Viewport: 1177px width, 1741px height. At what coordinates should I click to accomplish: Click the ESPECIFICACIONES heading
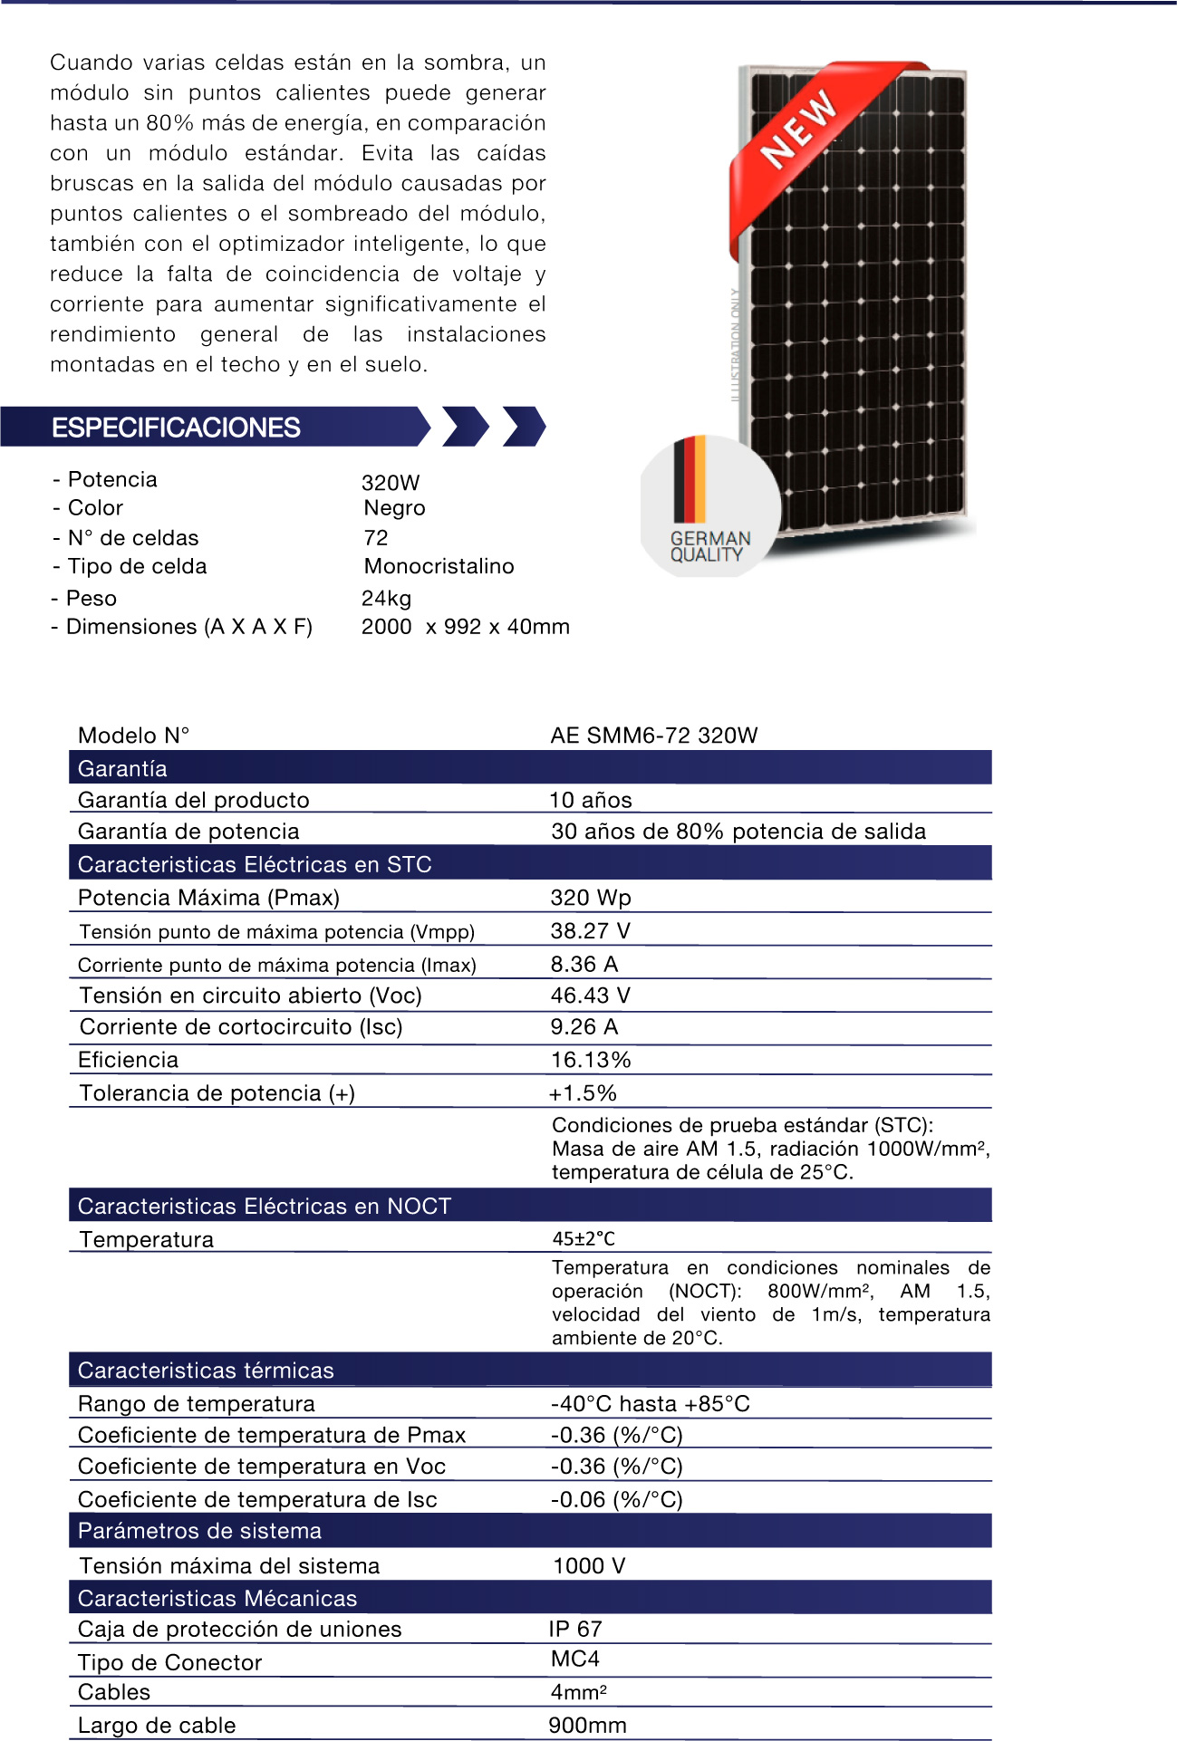176,428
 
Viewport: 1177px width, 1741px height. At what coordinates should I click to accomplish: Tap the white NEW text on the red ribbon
798,130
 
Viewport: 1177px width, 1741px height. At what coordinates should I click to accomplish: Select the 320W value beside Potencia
391,482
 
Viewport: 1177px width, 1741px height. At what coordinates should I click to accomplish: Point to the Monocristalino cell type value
439,566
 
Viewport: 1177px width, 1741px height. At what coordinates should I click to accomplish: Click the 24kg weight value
386,598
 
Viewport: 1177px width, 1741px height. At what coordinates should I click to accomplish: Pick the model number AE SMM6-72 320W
653,735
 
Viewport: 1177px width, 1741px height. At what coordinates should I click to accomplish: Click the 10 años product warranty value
591,800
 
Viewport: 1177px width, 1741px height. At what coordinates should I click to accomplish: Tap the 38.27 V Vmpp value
590,930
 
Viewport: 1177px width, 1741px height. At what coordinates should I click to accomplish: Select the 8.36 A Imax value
584,964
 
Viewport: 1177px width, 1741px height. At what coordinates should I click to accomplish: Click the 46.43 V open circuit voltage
590,996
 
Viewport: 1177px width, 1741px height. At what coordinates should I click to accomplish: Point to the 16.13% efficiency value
591,1060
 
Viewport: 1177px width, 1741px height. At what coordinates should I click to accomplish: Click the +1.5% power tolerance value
583,1093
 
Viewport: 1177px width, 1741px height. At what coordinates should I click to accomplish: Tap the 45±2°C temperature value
584,1238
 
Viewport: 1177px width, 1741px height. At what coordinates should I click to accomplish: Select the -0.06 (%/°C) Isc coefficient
616,1499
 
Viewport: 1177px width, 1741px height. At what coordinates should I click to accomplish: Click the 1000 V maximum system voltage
589,1565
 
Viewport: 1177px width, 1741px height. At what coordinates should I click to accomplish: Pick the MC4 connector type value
574,1659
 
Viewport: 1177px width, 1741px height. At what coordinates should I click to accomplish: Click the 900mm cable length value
587,1725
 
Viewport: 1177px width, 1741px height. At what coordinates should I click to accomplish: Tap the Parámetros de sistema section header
199,1531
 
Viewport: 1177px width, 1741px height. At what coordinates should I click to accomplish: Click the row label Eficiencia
128,1060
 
